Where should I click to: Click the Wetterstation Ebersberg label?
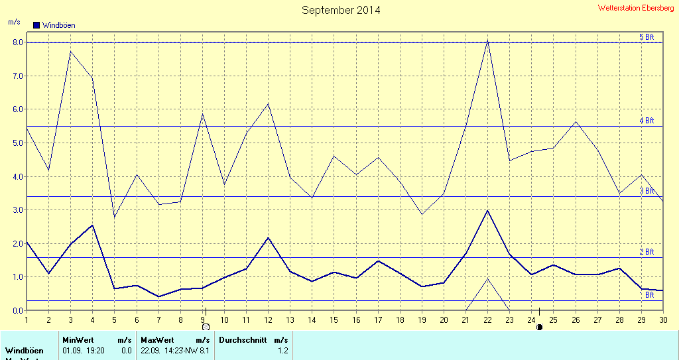636,8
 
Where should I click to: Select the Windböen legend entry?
54,25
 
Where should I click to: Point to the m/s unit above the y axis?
14,22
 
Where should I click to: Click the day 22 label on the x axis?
487,320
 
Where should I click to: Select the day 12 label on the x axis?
268,320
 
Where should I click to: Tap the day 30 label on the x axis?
662,320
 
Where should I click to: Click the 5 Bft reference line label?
647,37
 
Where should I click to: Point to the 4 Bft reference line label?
647,121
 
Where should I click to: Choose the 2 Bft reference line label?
647,252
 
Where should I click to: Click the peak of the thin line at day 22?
487,40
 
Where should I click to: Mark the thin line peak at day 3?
70,52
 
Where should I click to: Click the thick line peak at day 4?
92,225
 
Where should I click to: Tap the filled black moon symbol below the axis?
539,327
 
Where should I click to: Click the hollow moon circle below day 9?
206,327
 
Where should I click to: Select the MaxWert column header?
153,339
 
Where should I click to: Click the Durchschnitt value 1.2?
283,350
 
